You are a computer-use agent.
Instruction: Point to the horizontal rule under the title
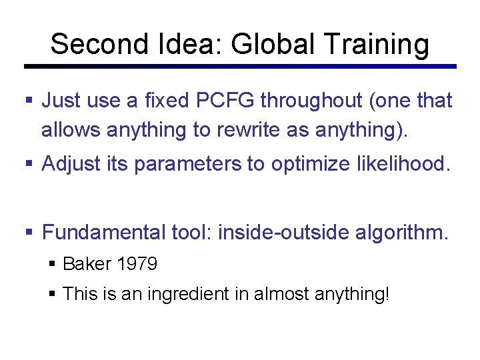(x=240, y=66)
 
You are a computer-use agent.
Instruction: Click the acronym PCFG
(x=221, y=101)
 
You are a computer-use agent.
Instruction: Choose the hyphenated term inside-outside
(x=283, y=233)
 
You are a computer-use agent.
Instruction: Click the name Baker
(x=87, y=264)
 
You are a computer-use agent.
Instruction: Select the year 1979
(x=137, y=264)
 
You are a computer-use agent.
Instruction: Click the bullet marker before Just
(x=29, y=101)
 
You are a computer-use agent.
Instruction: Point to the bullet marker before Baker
(x=53, y=265)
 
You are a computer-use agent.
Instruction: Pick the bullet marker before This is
(x=53, y=294)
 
